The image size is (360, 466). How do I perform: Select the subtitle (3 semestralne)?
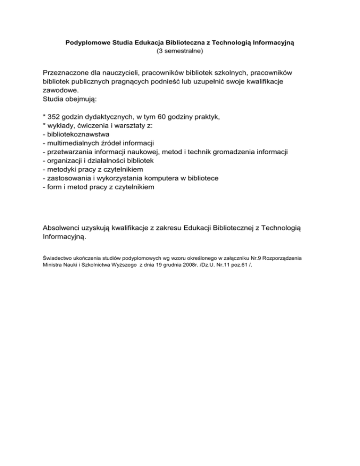[180, 51]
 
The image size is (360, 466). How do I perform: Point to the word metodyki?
[61, 169]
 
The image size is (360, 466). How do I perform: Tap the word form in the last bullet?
[53, 187]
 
